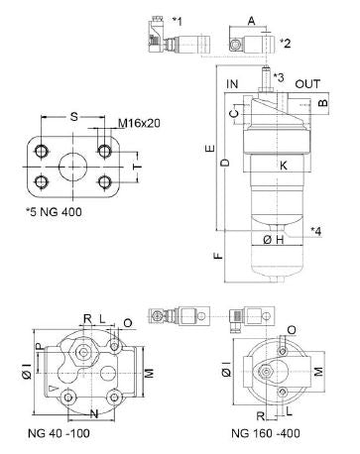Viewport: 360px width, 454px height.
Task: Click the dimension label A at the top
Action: (251, 19)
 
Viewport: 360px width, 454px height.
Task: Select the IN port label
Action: (233, 85)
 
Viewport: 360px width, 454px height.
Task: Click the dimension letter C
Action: (234, 114)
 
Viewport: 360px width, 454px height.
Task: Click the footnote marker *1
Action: (177, 20)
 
